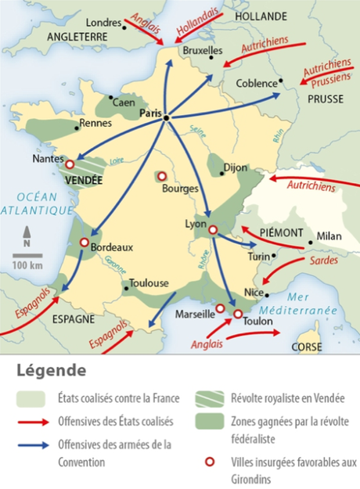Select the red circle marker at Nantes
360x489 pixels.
tap(70, 164)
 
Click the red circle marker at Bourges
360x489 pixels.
tap(163, 176)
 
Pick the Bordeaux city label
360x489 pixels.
tap(112, 247)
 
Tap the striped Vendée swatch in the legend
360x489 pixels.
tap(207, 399)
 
